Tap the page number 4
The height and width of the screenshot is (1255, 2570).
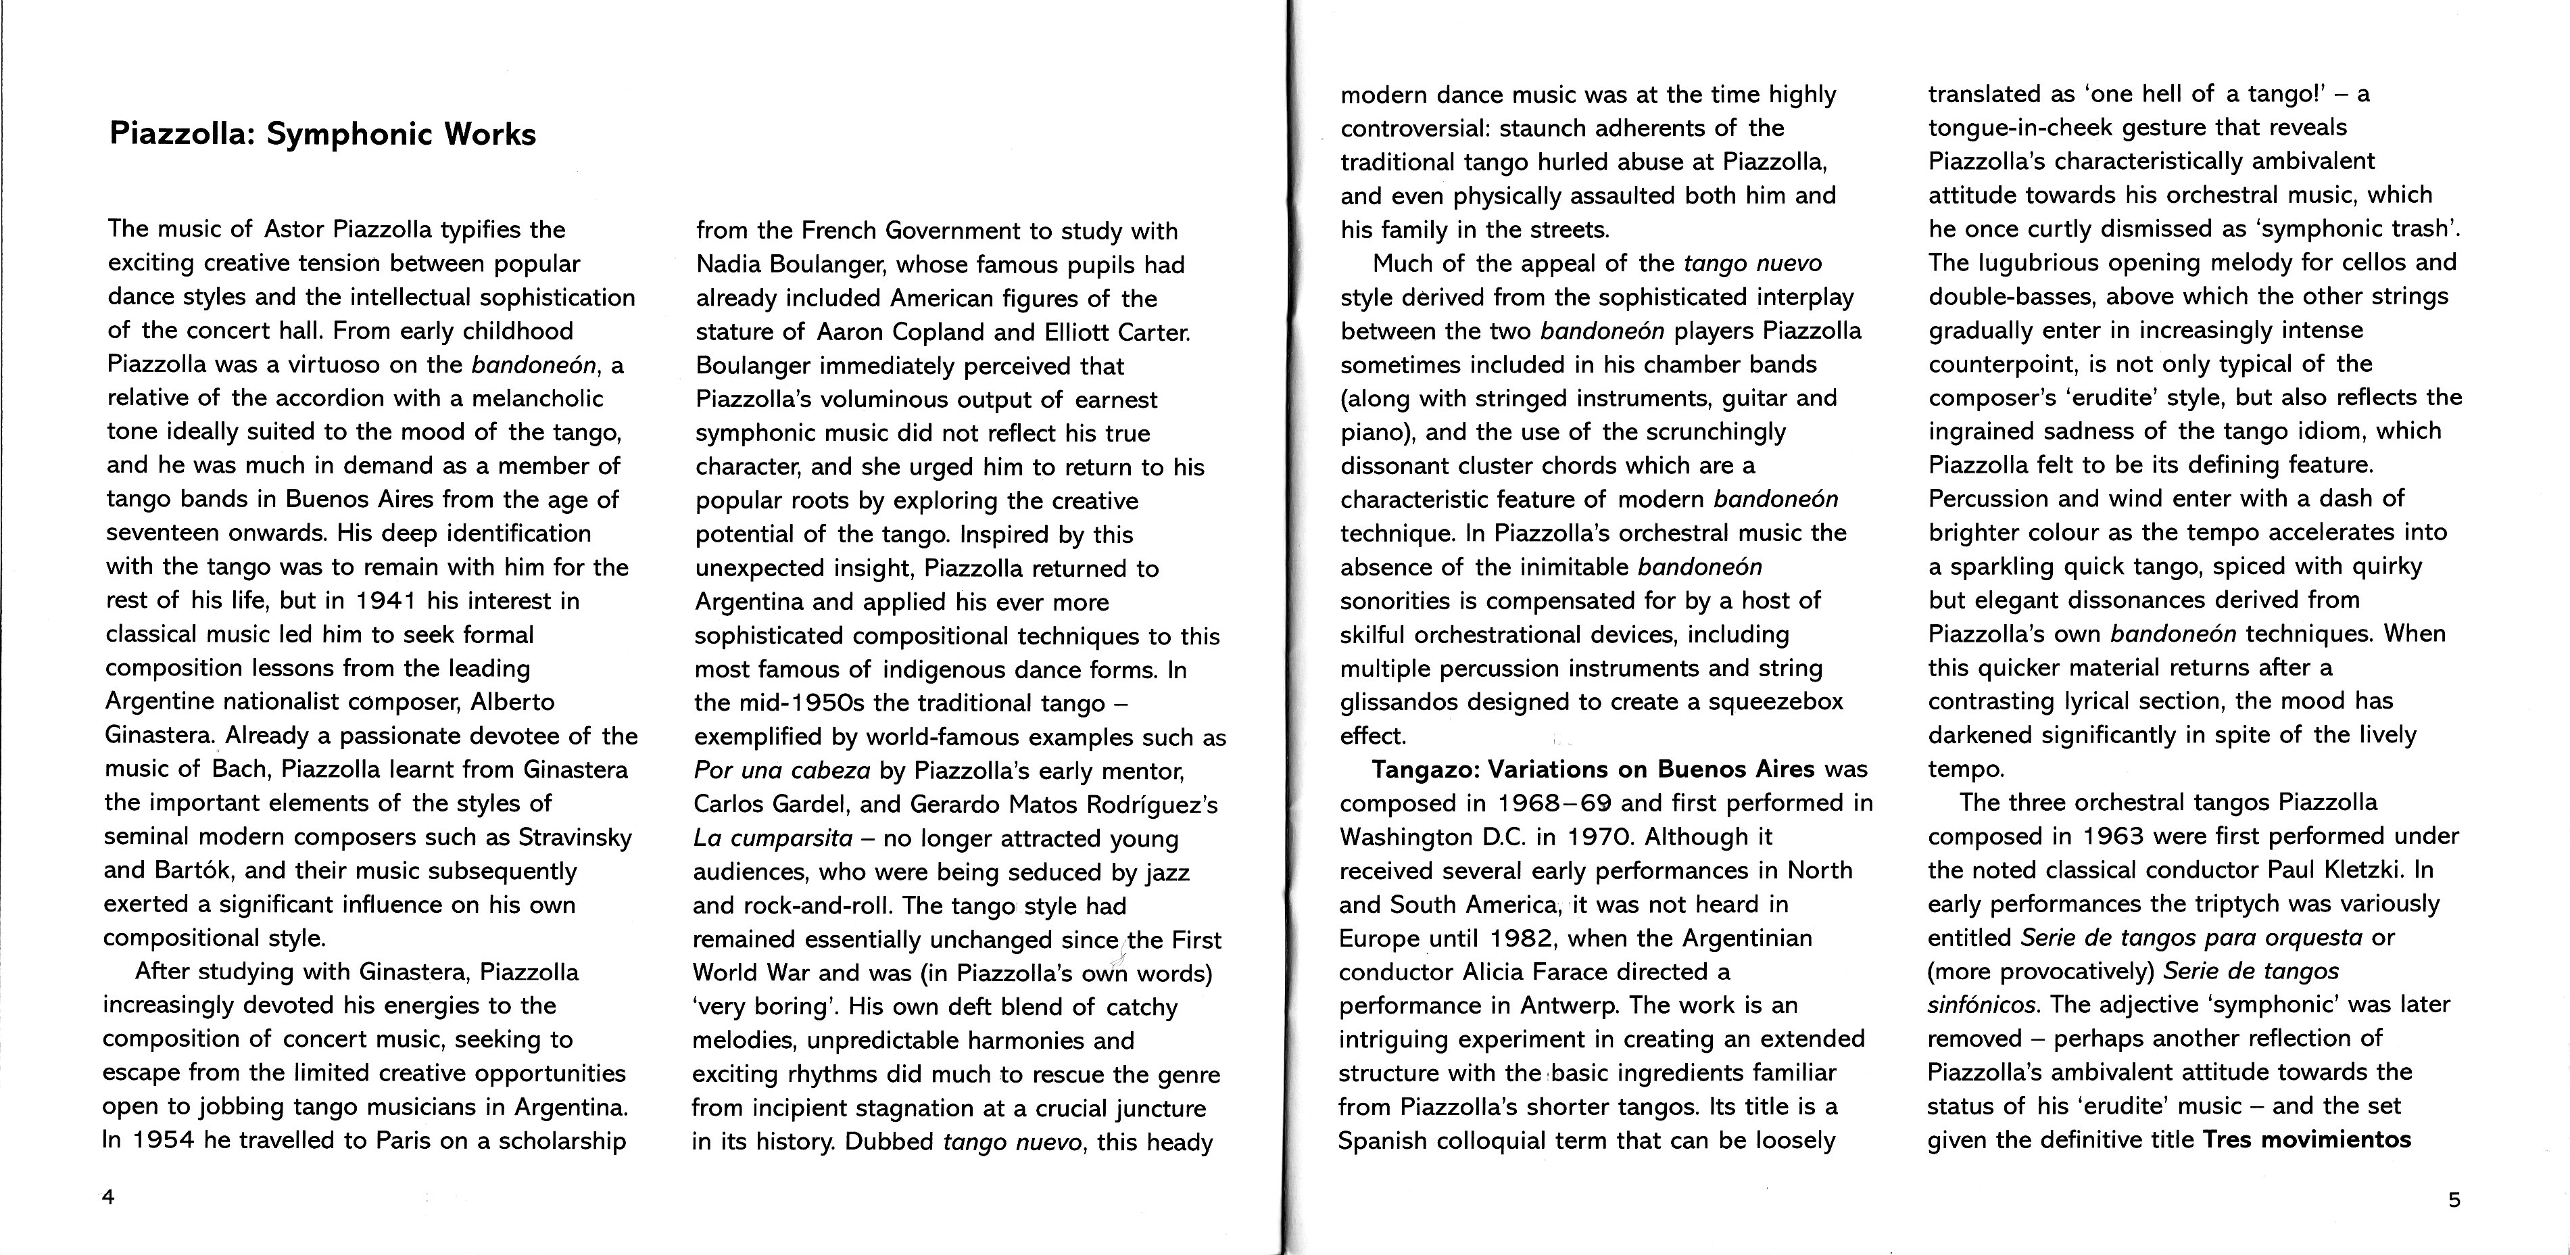click(x=107, y=1198)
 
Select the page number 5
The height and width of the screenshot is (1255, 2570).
click(x=2454, y=1200)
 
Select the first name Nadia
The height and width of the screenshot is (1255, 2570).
click(x=729, y=264)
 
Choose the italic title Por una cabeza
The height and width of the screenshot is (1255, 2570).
click(x=782, y=771)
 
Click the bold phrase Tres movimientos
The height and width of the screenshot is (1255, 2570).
click(x=2306, y=1139)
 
